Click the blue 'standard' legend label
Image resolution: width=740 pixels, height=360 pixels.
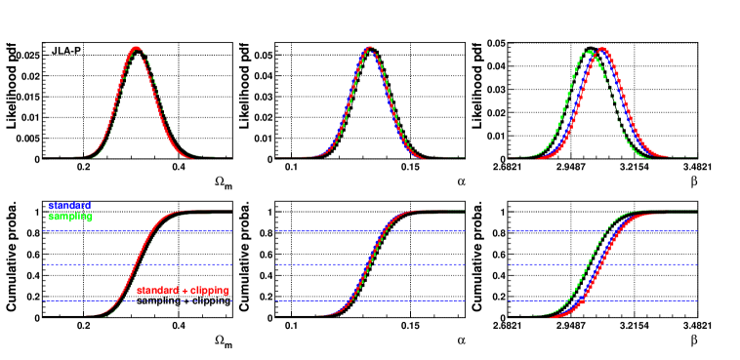click(69, 206)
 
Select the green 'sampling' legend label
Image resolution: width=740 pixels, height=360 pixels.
click(69, 216)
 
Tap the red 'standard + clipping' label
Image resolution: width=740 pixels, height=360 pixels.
click(183, 291)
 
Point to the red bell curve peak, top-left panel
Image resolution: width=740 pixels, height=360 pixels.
click(137, 48)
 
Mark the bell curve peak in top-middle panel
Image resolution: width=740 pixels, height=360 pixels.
click(369, 48)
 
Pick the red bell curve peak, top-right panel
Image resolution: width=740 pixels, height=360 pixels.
click(603, 49)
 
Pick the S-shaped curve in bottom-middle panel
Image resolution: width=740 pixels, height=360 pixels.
click(370, 263)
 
